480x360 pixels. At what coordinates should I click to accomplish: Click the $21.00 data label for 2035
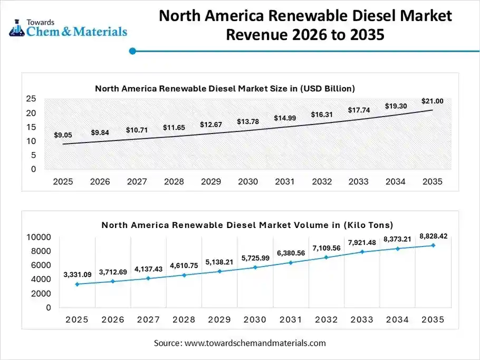coord(432,101)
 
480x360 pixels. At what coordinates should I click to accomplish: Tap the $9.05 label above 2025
coord(63,135)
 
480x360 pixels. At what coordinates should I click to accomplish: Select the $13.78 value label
coord(247,121)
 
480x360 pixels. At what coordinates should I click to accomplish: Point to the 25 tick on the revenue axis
coord(31,99)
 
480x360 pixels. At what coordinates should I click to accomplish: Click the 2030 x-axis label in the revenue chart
coord(248,182)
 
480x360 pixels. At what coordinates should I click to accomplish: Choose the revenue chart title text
coord(225,88)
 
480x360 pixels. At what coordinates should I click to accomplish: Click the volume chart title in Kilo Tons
coord(247,225)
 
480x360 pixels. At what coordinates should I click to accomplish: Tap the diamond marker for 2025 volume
coord(78,284)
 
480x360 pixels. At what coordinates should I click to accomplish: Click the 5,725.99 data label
coord(255,258)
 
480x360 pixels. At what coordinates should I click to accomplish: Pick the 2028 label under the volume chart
coord(184,320)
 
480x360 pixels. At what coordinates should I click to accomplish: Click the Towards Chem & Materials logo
coord(69,27)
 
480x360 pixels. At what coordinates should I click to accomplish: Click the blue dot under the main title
coord(133,51)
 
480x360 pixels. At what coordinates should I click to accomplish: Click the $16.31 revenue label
coord(321,114)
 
